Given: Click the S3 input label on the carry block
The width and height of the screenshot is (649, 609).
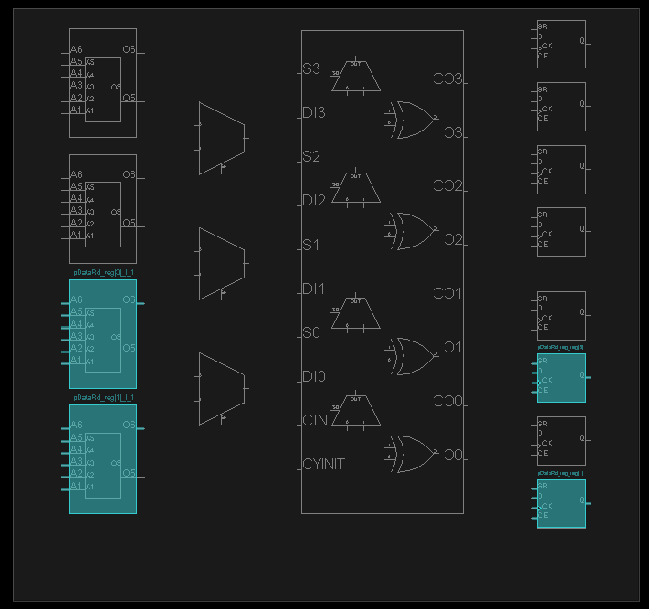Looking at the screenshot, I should point(311,69).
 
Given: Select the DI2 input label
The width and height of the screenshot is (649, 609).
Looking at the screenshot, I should point(313,201).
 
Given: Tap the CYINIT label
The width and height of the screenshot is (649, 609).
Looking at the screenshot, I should point(323,465).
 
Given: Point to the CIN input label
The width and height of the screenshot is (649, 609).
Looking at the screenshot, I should point(314,421).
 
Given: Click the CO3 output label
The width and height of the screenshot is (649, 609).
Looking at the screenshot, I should point(447,79).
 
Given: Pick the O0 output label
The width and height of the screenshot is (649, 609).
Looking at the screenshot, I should point(454,456).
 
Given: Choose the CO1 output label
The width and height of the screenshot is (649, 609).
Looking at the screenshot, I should point(447,294).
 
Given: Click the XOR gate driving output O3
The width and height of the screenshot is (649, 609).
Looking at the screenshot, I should point(413,120).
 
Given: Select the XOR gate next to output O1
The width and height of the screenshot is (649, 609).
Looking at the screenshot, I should point(413,352).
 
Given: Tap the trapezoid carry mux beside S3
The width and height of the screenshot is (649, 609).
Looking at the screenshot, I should point(355,81).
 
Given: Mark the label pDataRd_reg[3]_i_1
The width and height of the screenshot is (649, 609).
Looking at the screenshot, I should point(103,272).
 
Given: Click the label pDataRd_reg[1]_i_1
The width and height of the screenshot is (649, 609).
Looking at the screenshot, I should point(103,398).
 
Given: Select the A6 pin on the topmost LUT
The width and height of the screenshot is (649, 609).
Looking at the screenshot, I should point(77,49).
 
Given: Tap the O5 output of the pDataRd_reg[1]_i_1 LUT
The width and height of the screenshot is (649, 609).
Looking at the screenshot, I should point(129,474).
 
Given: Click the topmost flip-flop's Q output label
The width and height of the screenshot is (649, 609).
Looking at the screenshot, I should point(581,41).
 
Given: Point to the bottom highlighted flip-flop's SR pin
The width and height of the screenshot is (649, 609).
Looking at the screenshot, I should point(542,487).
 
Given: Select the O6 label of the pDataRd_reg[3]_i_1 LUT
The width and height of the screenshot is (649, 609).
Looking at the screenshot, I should point(129,300).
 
